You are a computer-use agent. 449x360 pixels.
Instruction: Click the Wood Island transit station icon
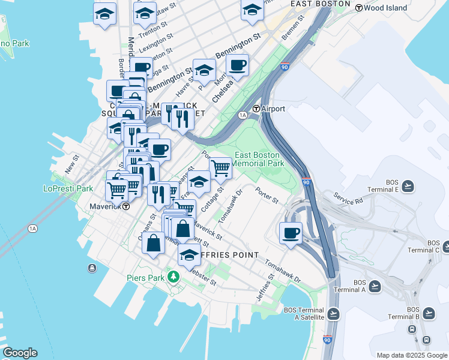(358, 8)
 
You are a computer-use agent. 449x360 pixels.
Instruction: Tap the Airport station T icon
(256, 109)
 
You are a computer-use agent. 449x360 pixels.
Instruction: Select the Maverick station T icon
(126, 206)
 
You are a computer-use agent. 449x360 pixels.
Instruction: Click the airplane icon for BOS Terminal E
(408, 185)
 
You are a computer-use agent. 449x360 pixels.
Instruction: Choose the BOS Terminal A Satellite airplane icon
(334, 313)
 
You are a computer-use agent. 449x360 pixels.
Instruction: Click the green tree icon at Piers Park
(173, 277)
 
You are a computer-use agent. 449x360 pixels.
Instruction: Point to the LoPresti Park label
(68, 188)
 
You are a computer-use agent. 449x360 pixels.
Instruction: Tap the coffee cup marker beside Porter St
(291, 232)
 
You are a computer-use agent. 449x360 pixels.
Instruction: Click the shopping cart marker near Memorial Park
(220, 167)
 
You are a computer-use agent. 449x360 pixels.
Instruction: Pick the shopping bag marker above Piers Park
(154, 243)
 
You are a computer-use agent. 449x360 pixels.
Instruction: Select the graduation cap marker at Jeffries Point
(190, 254)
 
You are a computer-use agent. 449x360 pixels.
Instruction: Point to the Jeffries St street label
(267, 284)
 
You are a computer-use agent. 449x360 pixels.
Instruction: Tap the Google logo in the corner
(20, 353)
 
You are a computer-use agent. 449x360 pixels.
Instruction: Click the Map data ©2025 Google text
(412, 355)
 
